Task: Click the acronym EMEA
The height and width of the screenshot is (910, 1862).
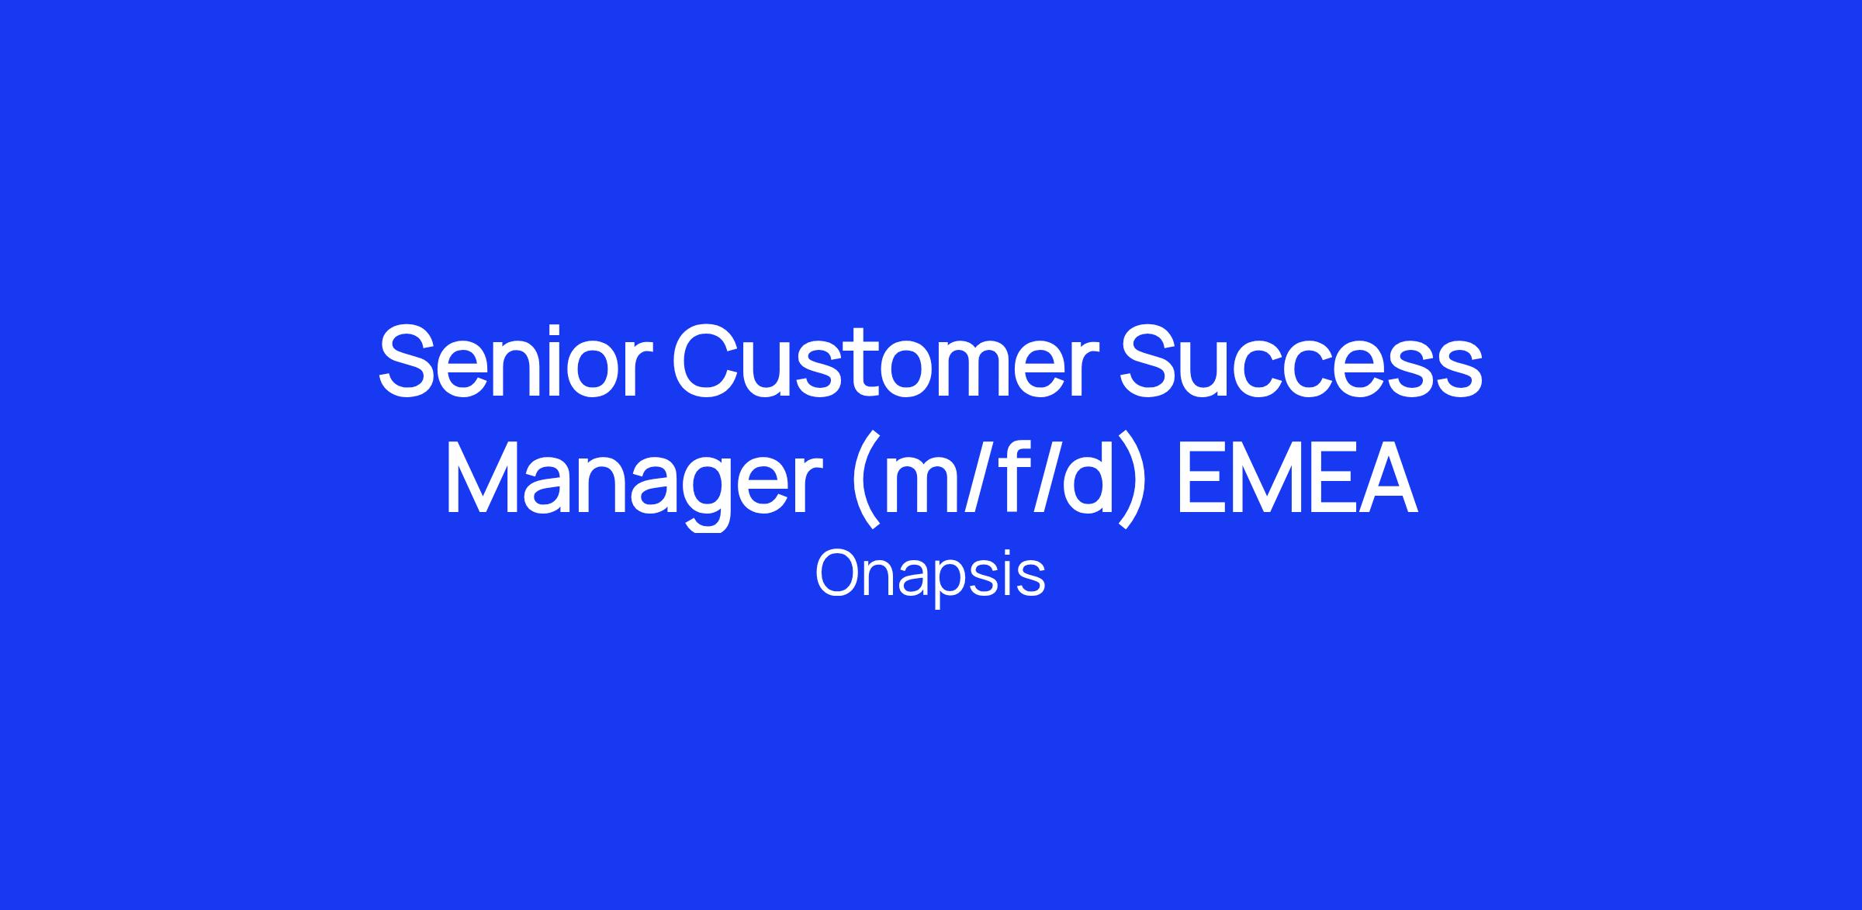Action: tap(1298, 478)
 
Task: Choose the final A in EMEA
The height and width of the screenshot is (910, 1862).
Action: tap(1383, 478)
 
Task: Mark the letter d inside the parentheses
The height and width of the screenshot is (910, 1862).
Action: tap(1087, 478)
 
